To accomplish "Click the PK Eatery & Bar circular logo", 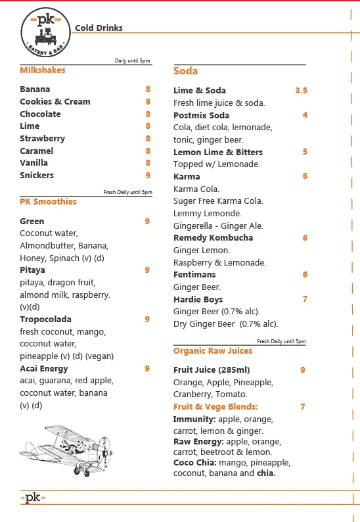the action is [x=45, y=32].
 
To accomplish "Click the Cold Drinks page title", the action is [x=99, y=28].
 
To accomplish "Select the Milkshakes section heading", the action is [x=43, y=70].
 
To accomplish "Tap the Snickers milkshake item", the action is [x=37, y=175].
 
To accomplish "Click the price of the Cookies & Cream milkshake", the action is [x=148, y=101].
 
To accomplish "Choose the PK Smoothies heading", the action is [x=48, y=201].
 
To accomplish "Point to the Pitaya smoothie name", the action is [x=33, y=270].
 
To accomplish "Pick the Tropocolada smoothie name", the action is [x=46, y=319].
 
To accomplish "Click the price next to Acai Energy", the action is [x=147, y=368].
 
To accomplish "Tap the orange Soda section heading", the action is [x=185, y=71].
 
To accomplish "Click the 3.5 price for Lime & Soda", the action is [x=301, y=90].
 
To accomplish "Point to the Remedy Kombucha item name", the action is [x=213, y=237].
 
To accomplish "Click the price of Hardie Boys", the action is [x=305, y=299].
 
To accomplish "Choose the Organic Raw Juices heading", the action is [x=213, y=351].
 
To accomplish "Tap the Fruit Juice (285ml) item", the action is [x=212, y=369].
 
